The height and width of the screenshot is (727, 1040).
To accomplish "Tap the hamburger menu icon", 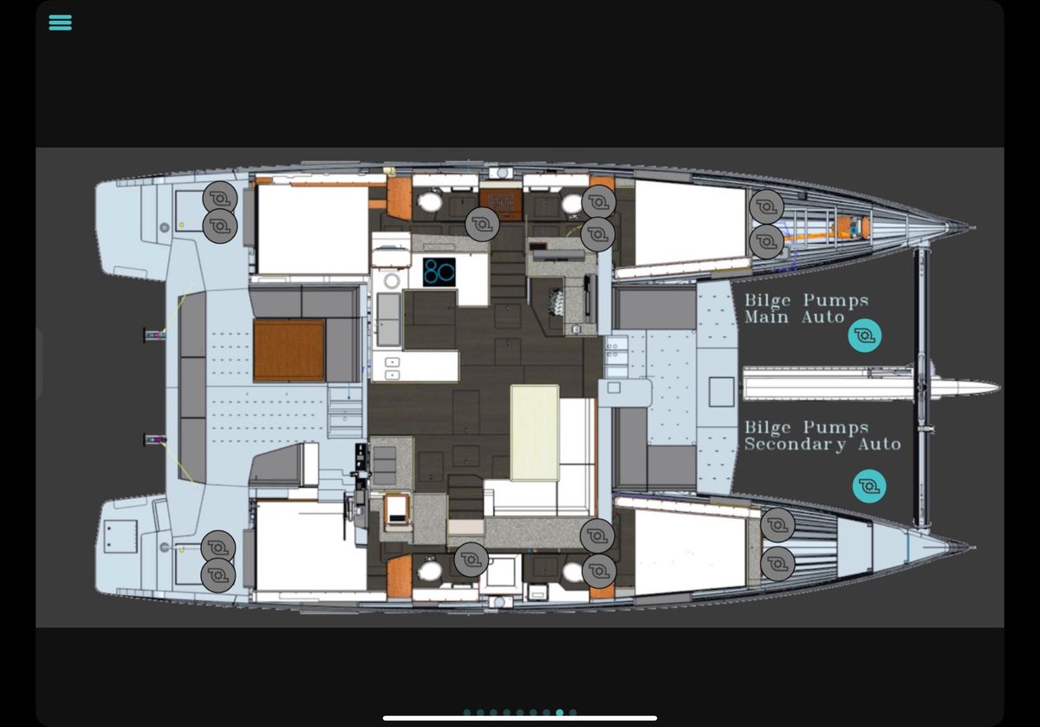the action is (61, 23).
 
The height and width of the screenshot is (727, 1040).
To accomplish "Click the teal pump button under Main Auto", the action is (865, 335).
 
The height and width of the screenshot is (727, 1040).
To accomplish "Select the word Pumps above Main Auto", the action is (835, 301).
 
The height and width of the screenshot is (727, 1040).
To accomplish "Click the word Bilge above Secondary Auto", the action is (768, 428).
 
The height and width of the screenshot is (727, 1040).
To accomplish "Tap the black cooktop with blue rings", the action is (439, 272).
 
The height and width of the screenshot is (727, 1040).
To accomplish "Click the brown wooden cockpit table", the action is (289, 350).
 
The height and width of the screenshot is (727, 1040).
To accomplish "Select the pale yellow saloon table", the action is (535, 432).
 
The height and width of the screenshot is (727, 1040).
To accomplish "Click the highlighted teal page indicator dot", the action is (560, 712).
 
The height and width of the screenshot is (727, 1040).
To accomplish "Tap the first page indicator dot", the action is (467, 712).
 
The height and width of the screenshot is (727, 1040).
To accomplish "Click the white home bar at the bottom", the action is (520, 718).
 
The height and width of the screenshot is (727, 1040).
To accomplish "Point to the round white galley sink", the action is (392, 281).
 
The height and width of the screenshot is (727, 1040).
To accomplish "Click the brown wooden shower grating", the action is (501, 205).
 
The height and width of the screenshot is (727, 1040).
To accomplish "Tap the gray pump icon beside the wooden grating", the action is (483, 225).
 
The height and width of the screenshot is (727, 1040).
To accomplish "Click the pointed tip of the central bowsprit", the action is (998, 387).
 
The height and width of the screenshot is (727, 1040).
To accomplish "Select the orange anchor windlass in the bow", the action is (851, 227).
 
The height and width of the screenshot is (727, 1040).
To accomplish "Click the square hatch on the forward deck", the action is (721, 392).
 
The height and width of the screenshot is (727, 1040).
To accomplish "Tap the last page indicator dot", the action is (573, 712).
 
